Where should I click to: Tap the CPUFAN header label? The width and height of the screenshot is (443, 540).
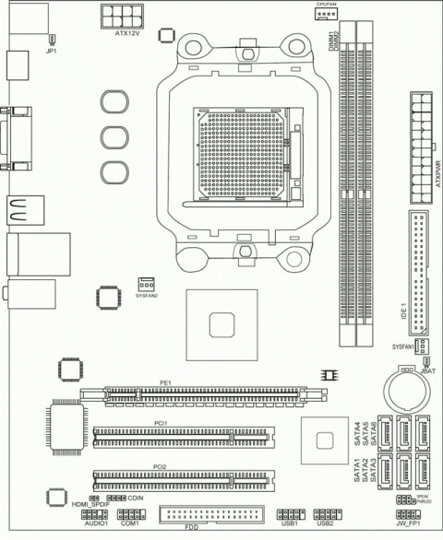[x=328, y=4]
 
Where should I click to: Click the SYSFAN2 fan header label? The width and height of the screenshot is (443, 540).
[x=147, y=296]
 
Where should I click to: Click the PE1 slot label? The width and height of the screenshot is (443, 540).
[x=165, y=382]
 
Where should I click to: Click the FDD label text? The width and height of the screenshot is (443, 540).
[x=191, y=533]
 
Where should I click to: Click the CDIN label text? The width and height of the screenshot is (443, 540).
[x=136, y=498]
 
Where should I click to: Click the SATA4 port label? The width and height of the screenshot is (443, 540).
[x=357, y=432]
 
